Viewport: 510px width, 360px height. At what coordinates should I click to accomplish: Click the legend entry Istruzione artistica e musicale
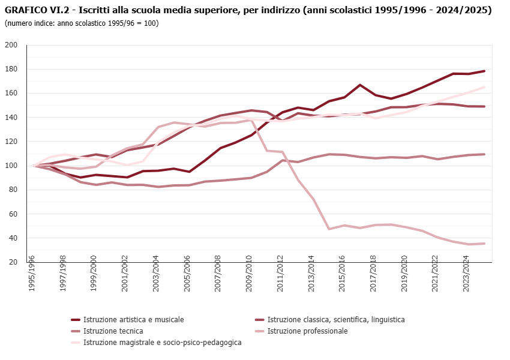133,320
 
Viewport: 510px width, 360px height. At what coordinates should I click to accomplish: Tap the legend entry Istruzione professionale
307,331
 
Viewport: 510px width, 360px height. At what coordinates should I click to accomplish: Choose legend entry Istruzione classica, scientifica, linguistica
335,320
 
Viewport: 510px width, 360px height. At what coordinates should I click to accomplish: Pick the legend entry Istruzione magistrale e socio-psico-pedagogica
162,343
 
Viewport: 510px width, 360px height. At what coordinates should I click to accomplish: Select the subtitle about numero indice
81,23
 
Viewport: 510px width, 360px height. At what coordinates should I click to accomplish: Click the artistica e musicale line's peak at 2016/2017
360,85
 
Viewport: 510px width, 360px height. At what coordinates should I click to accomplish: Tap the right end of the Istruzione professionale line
484,244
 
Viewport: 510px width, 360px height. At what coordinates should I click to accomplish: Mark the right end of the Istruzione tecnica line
484,154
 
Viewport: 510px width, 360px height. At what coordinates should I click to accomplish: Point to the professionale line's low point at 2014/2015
329,229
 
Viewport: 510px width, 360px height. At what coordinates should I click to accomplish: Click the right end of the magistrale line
484,87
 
